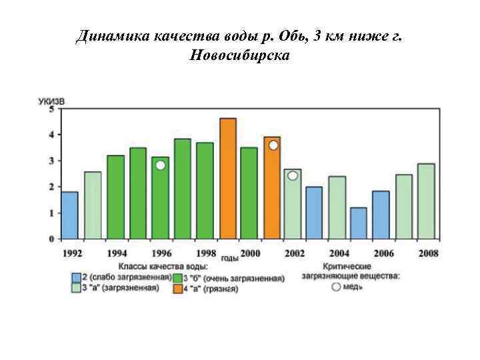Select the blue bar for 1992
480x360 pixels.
[x=69, y=215]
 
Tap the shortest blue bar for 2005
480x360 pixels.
[x=359, y=223]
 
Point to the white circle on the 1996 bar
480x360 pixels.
[x=161, y=165]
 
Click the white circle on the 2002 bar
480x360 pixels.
[x=293, y=176]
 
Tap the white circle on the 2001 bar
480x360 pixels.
[x=273, y=145]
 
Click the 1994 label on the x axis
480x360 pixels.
[x=116, y=253]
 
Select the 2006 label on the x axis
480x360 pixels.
[x=383, y=253]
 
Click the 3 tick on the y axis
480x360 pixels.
[x=52, y=161]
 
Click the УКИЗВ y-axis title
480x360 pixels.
[x=51, y=101]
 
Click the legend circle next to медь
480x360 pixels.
[x=336, y=287]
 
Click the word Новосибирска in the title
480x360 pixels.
[x=239, y=55]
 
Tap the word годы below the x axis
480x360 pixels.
[x=229, y=258]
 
